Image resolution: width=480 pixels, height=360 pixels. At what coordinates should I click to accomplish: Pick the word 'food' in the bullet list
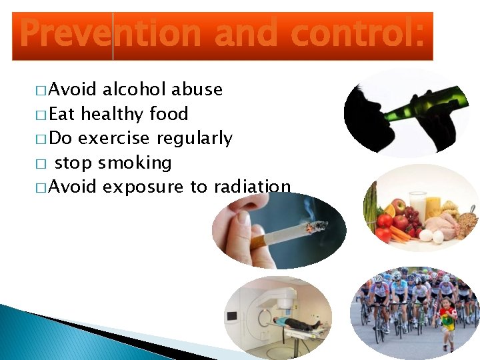169,114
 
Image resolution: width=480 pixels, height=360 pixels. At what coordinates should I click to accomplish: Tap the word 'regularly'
194,139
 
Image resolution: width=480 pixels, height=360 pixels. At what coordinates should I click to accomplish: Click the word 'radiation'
252,187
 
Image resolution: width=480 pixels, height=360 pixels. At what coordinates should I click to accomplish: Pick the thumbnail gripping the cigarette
244,218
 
